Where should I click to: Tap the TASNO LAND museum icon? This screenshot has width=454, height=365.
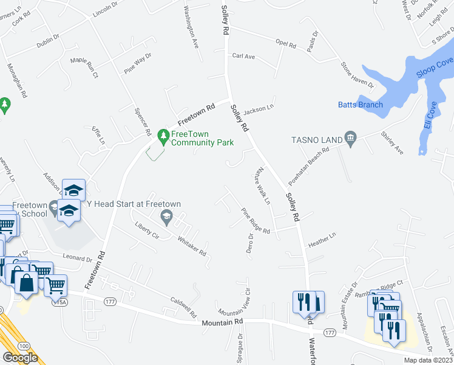coord(350,139)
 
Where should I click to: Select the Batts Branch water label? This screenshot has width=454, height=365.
coord(360,105)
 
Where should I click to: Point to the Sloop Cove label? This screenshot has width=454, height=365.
coord(435,68)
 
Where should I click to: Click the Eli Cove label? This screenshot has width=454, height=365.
coord(433,116)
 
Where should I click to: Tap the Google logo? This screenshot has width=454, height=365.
coord(20,358)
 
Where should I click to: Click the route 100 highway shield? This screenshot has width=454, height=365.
coord(23,346)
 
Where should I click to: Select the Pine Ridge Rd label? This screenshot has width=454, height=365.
coord(256,221)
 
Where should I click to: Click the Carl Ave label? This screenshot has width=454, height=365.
coord(243,56)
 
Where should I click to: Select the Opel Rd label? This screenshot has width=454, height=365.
coord(285,44)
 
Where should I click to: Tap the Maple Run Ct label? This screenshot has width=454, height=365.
coord(84,63)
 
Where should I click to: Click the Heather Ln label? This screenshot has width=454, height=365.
coord(322,239)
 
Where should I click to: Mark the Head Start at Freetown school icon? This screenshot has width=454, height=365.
coord(165,217)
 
